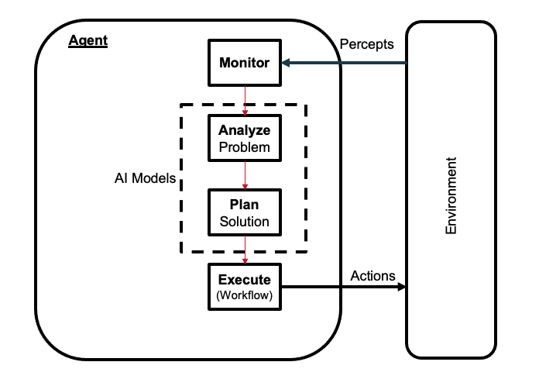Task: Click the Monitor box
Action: point(244,63)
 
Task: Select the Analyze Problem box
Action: point(244,138)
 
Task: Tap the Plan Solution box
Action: point(244,213)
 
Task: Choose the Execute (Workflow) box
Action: point(244,287)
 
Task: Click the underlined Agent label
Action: point(88,40)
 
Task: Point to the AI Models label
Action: point(140,177)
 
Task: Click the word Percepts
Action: point(367,44)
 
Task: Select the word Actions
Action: point(372,276)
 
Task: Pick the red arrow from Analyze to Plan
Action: point(245,174)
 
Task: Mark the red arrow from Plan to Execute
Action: point(245,250)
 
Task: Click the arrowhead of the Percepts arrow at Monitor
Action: point(286,63)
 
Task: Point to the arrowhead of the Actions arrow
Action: point(401,287)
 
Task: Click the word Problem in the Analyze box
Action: point(244,146)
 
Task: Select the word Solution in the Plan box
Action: point(244,222)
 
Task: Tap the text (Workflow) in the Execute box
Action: point(244,295)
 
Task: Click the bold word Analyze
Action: point(244,130)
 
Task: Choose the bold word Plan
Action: point(244,205)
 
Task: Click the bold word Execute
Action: point(244,279)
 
